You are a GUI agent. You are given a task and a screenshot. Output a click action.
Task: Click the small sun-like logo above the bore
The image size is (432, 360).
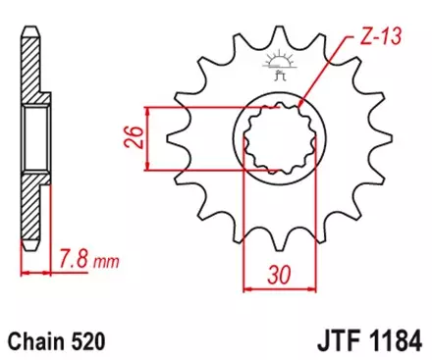(x=275, y=67)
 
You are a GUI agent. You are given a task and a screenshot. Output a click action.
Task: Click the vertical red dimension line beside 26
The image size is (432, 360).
(x=147, y=137)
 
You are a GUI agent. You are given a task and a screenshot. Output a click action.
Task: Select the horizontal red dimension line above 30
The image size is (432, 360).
(x=276, y=289)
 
